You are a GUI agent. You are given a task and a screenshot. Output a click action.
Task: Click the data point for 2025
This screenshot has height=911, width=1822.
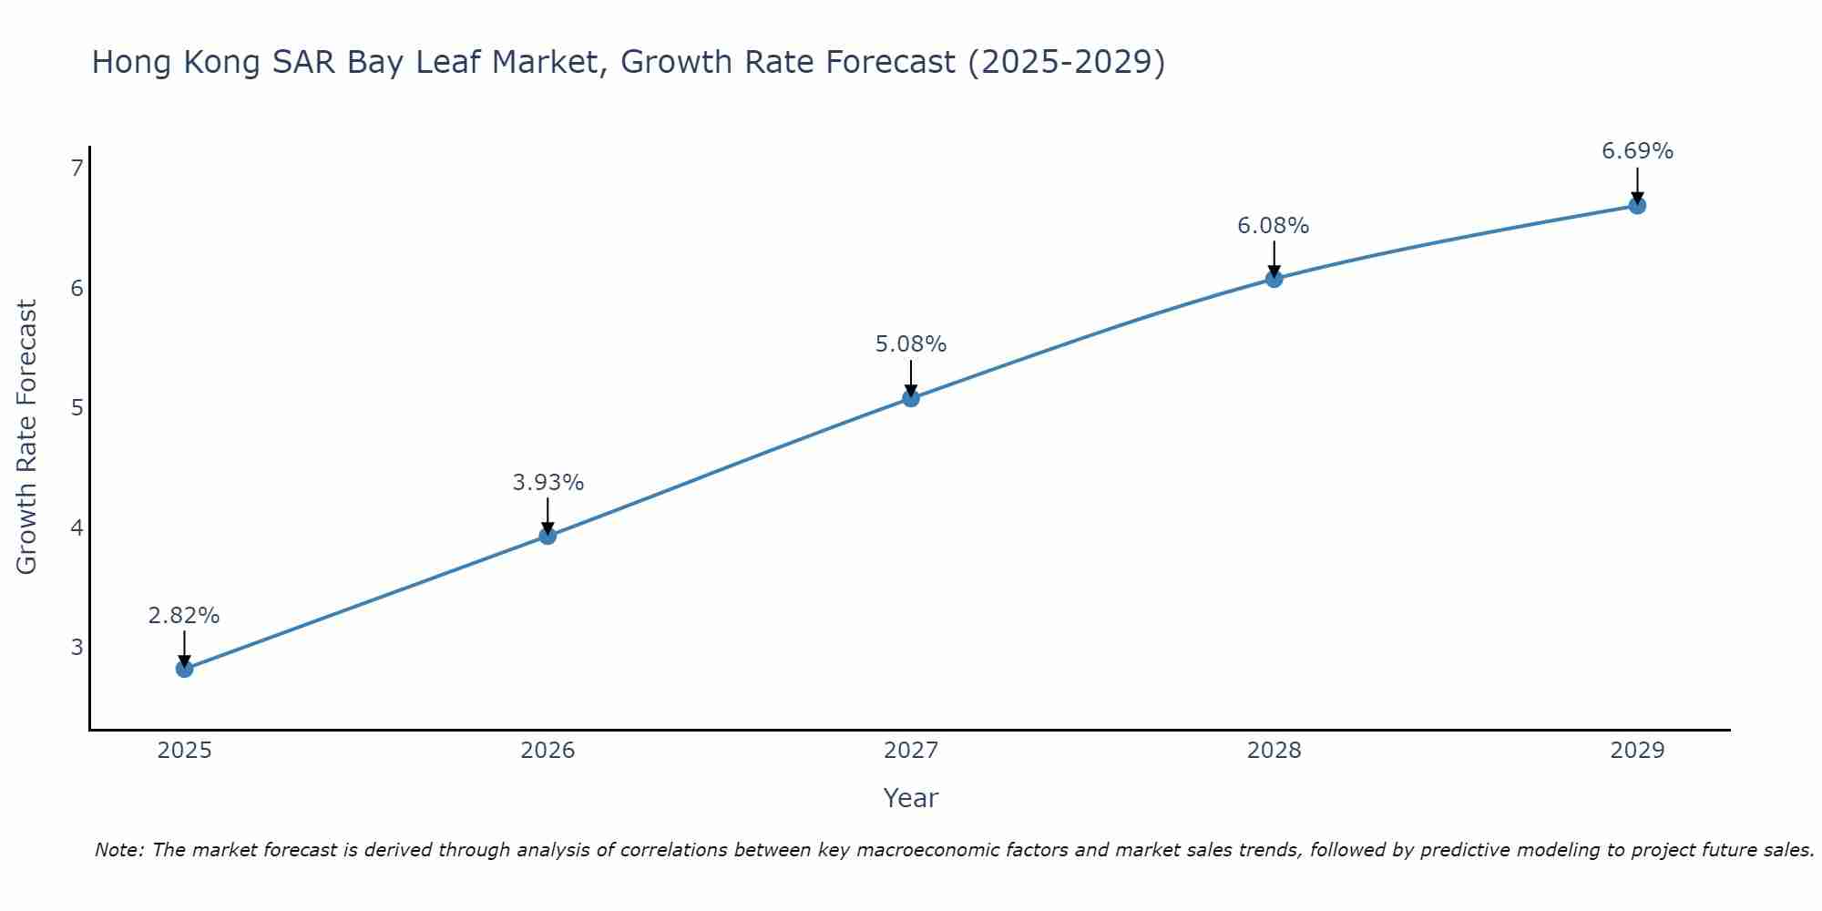point(184,669)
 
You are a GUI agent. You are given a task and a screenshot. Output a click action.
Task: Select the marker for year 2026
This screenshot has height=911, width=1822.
point(548,536)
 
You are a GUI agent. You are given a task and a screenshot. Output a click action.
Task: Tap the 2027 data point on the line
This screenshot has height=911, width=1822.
point(911,398)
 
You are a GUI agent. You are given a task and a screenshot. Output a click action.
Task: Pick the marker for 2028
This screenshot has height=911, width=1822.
point(1274,279)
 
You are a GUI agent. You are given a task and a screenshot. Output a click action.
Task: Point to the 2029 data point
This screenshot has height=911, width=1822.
point(1637,206)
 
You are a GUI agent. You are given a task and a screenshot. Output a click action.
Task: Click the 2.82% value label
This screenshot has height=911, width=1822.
point(184,616)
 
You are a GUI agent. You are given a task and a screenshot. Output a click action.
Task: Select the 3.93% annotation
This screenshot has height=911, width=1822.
point(548,483)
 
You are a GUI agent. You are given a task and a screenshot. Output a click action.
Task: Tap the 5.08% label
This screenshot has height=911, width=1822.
point(911,344)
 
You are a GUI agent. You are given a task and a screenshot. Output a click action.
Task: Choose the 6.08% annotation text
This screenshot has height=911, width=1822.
point(1274,226)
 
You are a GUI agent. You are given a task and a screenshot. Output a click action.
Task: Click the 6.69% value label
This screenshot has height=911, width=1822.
point(1637,151)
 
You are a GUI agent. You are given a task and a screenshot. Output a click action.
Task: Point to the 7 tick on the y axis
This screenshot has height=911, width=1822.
point(77,168)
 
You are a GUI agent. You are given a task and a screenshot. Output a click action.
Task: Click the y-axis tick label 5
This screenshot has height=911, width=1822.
point(77,407)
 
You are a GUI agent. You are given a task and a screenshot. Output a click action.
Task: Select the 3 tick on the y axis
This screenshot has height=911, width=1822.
point(77,647)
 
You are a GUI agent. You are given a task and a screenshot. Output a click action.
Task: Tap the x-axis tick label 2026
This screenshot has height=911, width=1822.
point(548,751)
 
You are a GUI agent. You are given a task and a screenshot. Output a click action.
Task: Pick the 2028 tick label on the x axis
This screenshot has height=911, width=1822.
point(1274,751)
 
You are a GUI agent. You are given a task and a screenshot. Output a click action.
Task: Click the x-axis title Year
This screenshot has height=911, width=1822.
point(911,798)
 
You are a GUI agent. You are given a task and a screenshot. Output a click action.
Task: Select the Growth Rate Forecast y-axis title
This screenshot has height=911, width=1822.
point(27,437)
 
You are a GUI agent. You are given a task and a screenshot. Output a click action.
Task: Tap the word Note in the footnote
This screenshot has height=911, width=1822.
point(118,850)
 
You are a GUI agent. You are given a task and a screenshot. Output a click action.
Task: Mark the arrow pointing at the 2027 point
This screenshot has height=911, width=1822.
point(911,378)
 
